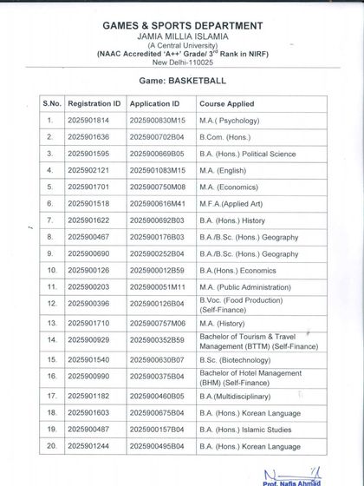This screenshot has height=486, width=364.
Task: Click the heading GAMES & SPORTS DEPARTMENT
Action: point(182,26)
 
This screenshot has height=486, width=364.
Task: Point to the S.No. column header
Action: point(51,102)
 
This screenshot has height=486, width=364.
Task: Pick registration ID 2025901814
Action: point(88,121)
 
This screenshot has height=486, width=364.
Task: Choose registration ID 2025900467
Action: point(88,236)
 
